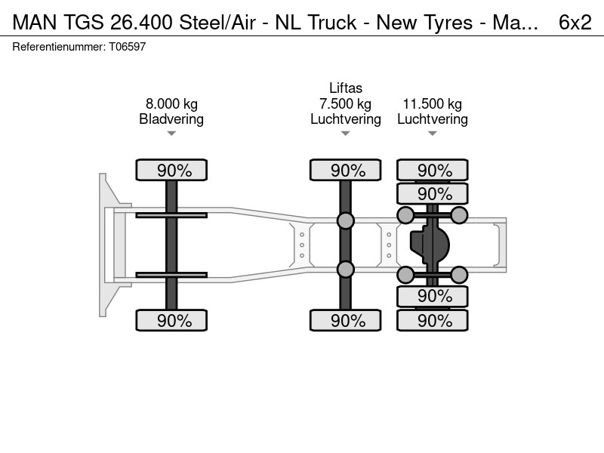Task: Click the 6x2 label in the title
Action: (575, 23)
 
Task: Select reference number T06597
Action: (127, 47)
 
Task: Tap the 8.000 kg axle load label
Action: (171, 104)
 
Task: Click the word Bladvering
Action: (171, 119)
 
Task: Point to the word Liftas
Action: (346, 88)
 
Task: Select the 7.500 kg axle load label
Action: (346, 104)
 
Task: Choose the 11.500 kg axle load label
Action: (432, 104)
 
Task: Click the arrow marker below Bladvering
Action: (171, 134)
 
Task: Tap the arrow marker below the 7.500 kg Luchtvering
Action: (346, 134)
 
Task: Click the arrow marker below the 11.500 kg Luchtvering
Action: (432, 134)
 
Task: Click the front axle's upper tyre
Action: (171, 170)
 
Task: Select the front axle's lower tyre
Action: (171, 320)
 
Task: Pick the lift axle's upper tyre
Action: (346, 170)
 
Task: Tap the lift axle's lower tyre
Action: (346, 320)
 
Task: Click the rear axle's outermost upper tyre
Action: (432, 170)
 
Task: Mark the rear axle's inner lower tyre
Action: (432, 296)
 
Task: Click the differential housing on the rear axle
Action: (430, 245)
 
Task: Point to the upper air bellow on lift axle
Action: (346, 220)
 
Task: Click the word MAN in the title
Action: (35, 23)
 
